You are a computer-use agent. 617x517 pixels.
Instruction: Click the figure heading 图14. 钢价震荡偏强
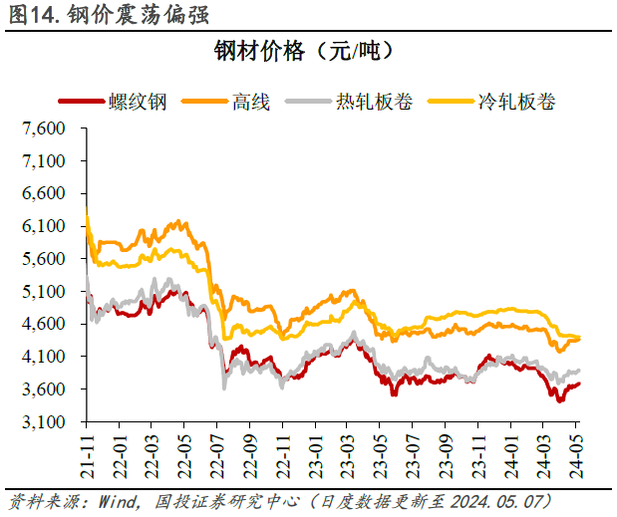110,15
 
